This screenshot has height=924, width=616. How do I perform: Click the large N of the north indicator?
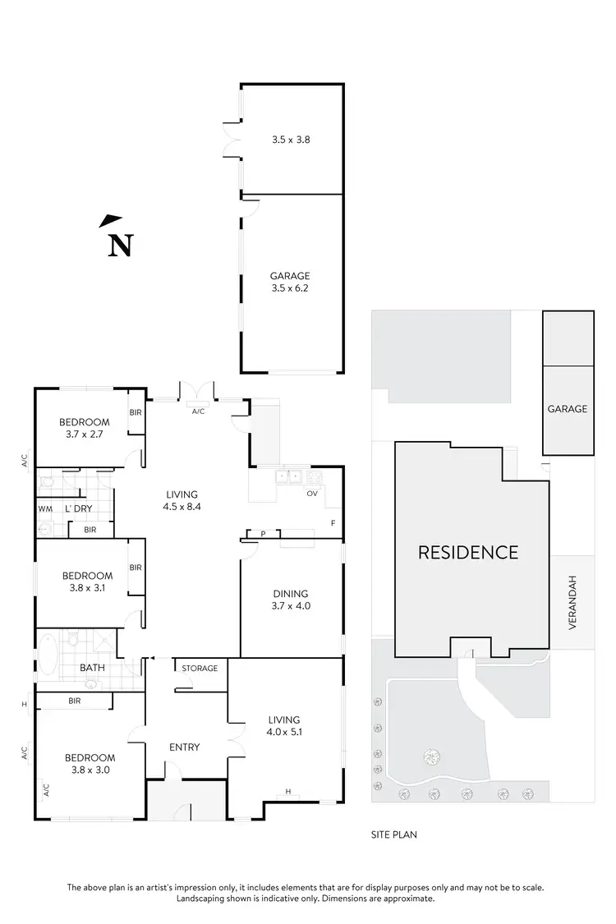(121, 246)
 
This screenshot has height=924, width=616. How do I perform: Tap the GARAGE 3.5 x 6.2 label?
(290, 282)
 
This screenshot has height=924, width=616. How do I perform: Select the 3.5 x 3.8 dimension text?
(290, 140)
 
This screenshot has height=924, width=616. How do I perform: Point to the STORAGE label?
(200, 669)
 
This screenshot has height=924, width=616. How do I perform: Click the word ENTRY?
(184, 747)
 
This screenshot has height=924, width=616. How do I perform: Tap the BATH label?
(92, 668)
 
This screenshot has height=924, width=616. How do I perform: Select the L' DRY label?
(79, 509)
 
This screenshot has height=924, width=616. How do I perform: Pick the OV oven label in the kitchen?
(311, 494)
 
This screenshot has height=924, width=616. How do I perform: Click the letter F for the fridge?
(333, 522)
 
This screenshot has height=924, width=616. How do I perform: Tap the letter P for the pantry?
(264, 534)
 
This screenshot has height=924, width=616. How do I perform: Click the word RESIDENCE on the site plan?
(468, 552)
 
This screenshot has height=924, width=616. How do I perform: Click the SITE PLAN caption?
(395, 834)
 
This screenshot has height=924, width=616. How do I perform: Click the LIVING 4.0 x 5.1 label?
(283, 725)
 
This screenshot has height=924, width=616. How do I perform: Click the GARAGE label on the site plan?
(568, 408)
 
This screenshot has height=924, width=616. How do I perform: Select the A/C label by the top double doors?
(198, 411)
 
